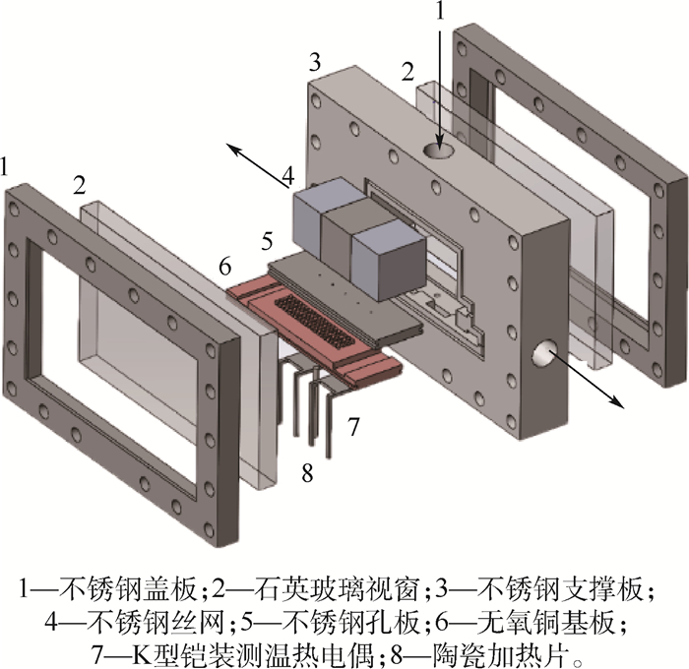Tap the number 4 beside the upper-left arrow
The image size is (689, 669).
click(287, 177)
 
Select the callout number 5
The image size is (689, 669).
click(266, 238)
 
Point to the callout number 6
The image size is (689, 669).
click(224, 266)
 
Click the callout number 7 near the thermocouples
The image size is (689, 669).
click(353, 426)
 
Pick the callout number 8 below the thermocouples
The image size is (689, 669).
click(307, 474)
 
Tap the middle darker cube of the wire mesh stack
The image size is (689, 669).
click(345, 235)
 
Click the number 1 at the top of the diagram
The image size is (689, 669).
click(441, 11)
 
